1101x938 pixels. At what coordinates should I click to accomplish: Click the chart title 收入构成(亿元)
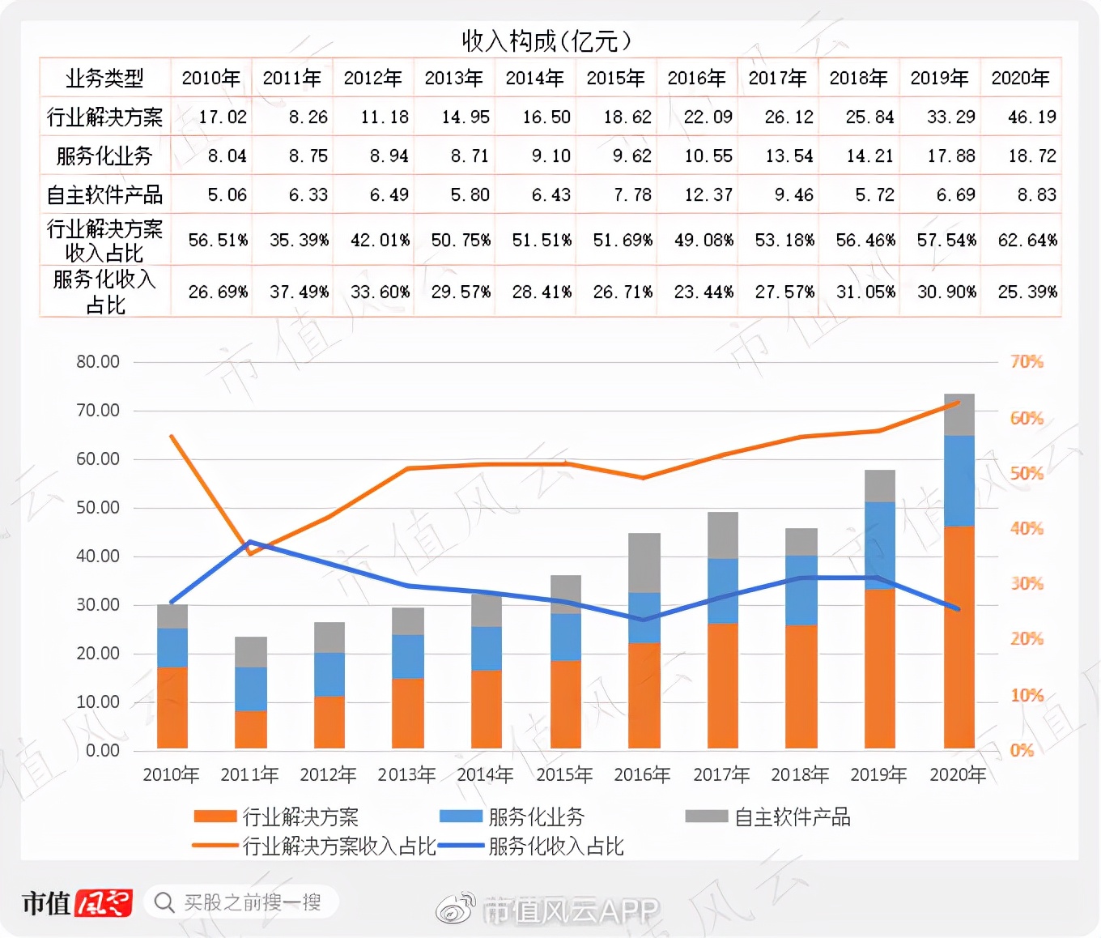pyautogui.click(x=546, y=41)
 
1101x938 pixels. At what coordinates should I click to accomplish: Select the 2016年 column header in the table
pyautogui.click(x=696, y=78)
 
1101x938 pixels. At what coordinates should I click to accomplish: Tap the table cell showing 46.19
pyautogui.click(x=1031, y=117)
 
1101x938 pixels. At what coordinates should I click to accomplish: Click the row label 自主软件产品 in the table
pyautogui.click(x=104, y=195)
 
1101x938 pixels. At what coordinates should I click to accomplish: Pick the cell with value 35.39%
pyautogui.click(x=299, y=241)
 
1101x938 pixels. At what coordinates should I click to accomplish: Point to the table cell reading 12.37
pyautogui.click(x=708, y=195)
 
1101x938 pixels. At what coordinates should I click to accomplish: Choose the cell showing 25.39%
pyautogui.click(x=1027, y=292)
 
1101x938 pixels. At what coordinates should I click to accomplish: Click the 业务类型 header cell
pyautogui.click(x=104, y=78)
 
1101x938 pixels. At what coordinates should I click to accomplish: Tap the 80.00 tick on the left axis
pyautogui.click(x=98, y=362)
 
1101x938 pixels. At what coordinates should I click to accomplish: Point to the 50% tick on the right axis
pyautogui.click(x=1026, y=473)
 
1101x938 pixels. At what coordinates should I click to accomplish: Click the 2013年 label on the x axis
pyautogui.click(x=406, y=775)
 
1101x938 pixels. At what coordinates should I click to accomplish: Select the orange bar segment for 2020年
pyautogui.click(x=959, y=636)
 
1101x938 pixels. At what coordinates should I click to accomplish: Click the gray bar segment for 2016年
pyautogui.click(x=644, y=562)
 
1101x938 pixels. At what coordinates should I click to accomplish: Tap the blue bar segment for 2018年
pyautogui.click(x=801, y=590)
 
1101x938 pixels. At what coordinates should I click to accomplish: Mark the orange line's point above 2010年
pyautogui.click(x=172, y=437)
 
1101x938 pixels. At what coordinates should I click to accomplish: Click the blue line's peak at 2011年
pyautogui.click(x=250, y=542)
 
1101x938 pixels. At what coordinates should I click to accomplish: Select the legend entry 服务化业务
pyautogui.click(x=512, y=816)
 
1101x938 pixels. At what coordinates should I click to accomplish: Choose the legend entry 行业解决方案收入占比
pyautogui.click(x=316, y=846)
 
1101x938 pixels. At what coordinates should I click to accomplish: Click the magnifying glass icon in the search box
pyautogui.click(x=164, y=902)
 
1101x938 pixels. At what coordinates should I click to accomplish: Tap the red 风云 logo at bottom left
pyautogui.click(x=104, y=903)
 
